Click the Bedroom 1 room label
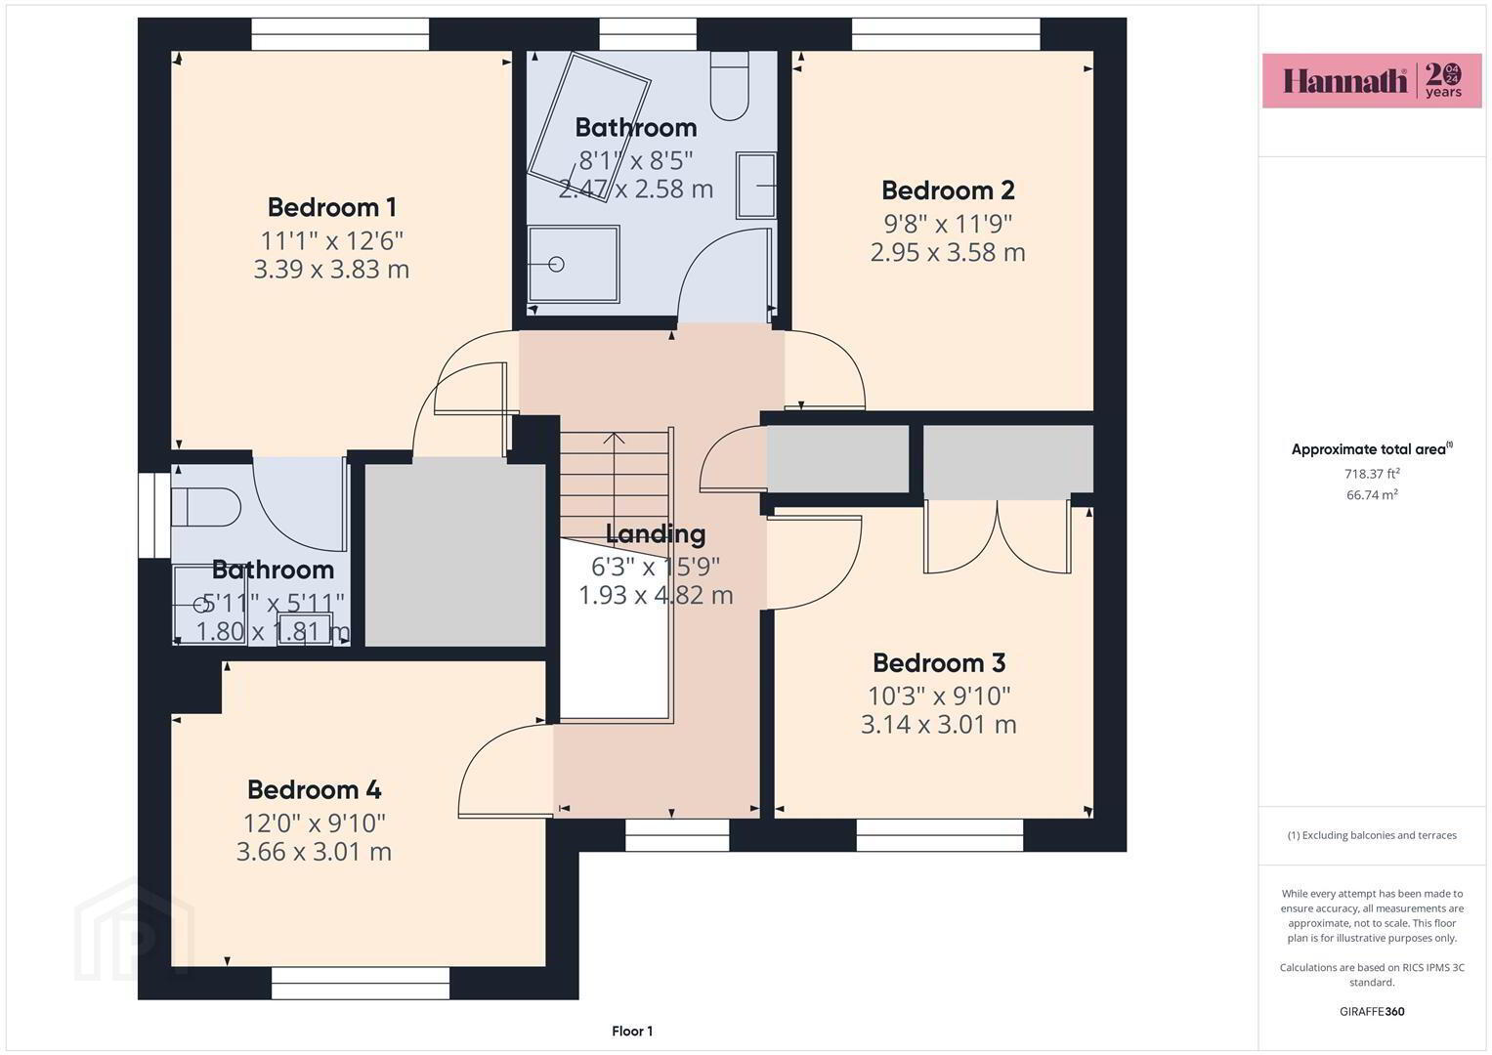coord(331,207)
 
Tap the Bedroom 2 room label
coord(948,190)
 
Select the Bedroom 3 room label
coord(939,662)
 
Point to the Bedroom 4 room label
coord(315,790)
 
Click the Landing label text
coord(656,534)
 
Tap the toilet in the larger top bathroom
coord(729,86)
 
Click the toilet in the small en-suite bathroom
coord(206,508)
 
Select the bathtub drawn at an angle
coord(589,127)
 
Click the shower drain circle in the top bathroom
coord(557,265)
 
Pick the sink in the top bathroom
coord(756,186)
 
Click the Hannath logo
coord(1372,80)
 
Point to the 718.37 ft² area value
coord(1372,474)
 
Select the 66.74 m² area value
coord(1372,495)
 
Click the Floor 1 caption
coord(632,1031)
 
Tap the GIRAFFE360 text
coord(1372,1011)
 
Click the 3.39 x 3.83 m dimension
coord(331,269)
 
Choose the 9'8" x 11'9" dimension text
coord(948,225)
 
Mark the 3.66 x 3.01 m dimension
coord(315,851)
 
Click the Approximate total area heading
coord(1372,449)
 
